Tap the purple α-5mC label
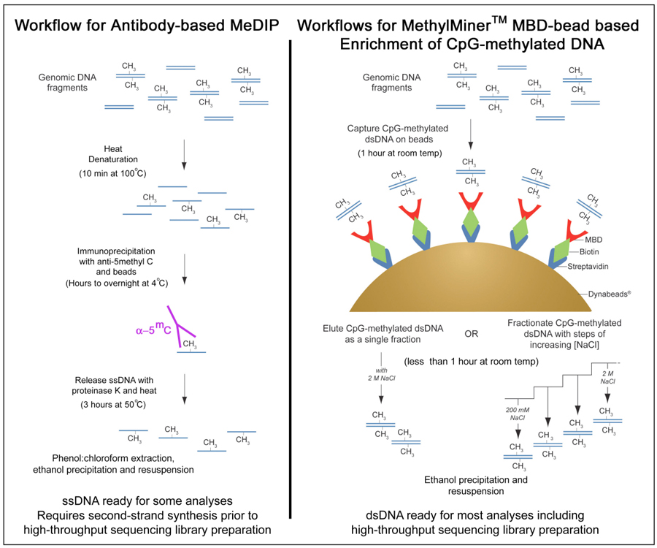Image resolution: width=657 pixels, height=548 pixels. point(154,329)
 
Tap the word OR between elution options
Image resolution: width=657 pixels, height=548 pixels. point(472,334)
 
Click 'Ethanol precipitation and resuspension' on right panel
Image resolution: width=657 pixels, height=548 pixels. point(475,485)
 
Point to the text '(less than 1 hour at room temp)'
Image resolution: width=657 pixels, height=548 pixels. point(470,362)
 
